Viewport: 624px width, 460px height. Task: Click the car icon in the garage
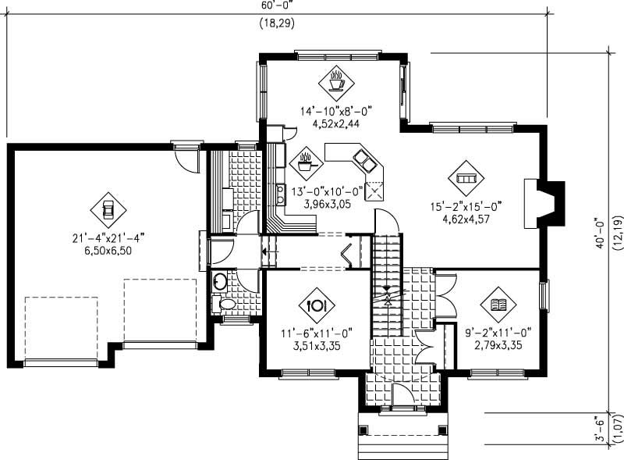point(108,209)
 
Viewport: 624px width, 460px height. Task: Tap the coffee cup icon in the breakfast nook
point(337,80)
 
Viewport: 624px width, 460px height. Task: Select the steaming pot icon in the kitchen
point(303,163)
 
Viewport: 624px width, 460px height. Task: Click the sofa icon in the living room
point(466,180)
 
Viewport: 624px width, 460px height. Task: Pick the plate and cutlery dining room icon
point(317,305)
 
